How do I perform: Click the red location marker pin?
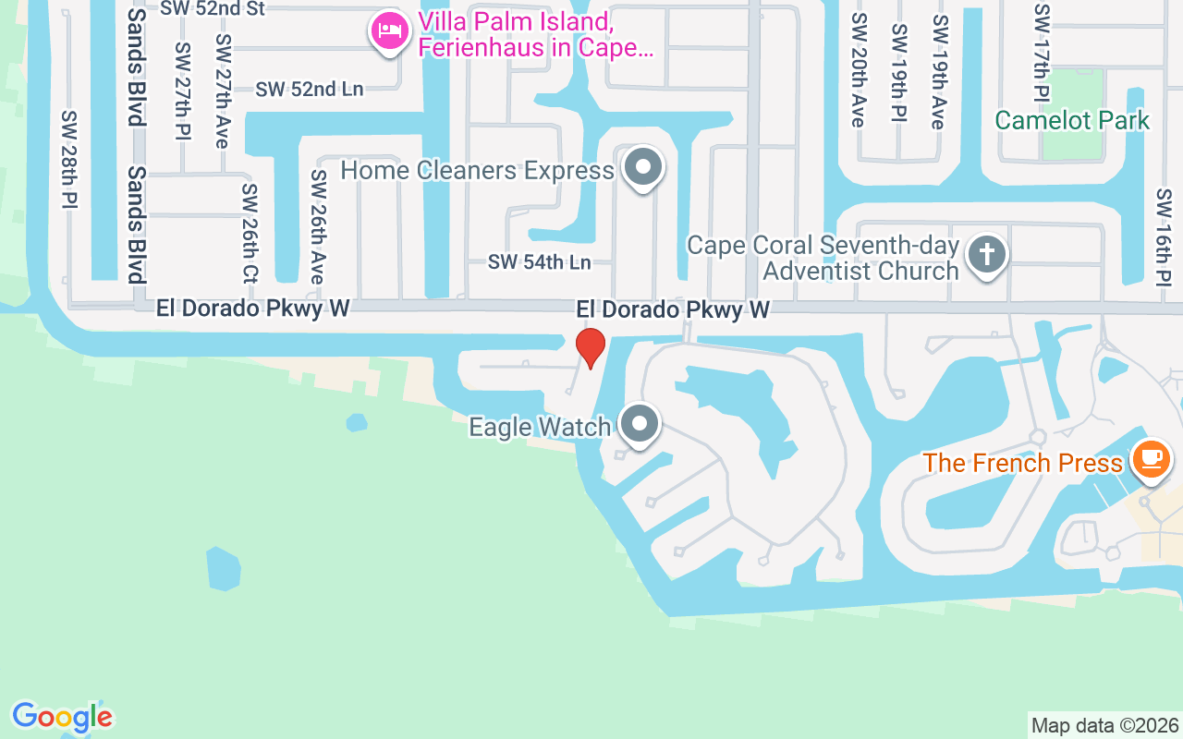click(x=590, y=347)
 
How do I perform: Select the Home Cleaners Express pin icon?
click(x=642, y=168)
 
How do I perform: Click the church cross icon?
click(x=986, y=254)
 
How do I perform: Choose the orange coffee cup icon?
click(x=1151, y=458)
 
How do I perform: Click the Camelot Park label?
click(x=1072, y=120)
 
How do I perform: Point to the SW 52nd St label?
click(x=213, y=9)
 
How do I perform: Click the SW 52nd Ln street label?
click(x=310, y=90)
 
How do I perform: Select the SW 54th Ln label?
click(x=540, y=262)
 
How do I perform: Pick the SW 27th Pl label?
click(x=181, y=91)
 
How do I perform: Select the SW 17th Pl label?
click(x=1042, y=53)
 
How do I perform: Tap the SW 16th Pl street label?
click(x=1164, y=237)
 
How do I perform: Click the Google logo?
click(x=62, y=717)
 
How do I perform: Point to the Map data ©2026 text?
click(x=1105, y=725)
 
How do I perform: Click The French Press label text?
click(x=1022, y=463)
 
